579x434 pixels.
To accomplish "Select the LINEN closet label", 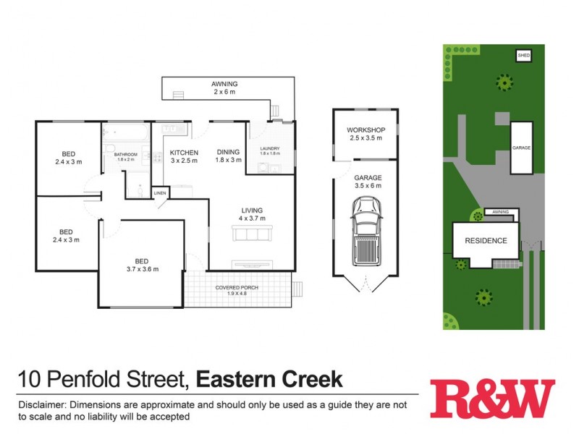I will [160, 193].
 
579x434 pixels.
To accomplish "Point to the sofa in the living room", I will [252, 234].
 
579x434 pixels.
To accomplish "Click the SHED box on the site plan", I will [523, 55].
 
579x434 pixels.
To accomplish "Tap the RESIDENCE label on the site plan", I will [486, 241].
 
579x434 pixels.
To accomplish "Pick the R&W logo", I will [492, 399].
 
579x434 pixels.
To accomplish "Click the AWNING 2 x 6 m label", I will [224, 88].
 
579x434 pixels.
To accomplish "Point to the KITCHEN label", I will [184, 153].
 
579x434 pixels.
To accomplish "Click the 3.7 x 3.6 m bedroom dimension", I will [140, 269].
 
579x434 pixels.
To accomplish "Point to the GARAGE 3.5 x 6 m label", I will [367, 182].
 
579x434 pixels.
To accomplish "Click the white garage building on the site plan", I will [521, 148].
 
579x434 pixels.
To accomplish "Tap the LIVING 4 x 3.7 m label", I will [253, 213].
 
